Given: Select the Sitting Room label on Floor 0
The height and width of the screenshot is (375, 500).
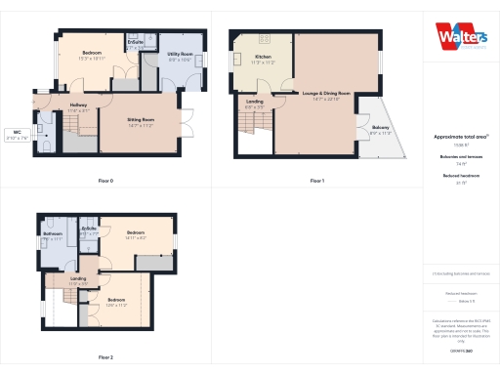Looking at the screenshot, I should (x=142, y=121).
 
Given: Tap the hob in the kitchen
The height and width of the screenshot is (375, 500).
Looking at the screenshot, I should (x=264, y=38).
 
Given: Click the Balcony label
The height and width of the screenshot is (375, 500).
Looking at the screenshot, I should (x=380, y=129).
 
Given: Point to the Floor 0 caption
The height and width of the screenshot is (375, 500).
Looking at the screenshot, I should (x=105, y=181).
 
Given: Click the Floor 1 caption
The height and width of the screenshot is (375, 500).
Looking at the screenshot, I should (x=316, y=181).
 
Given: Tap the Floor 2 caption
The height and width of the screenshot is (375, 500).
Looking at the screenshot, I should (x=105, y=357).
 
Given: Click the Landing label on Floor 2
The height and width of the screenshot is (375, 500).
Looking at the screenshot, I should (x=78, y=281).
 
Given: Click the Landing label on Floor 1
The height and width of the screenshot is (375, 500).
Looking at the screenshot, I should (x=254, y=103).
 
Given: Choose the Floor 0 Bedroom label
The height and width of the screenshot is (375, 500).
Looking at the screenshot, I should (x=93, y=53).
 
